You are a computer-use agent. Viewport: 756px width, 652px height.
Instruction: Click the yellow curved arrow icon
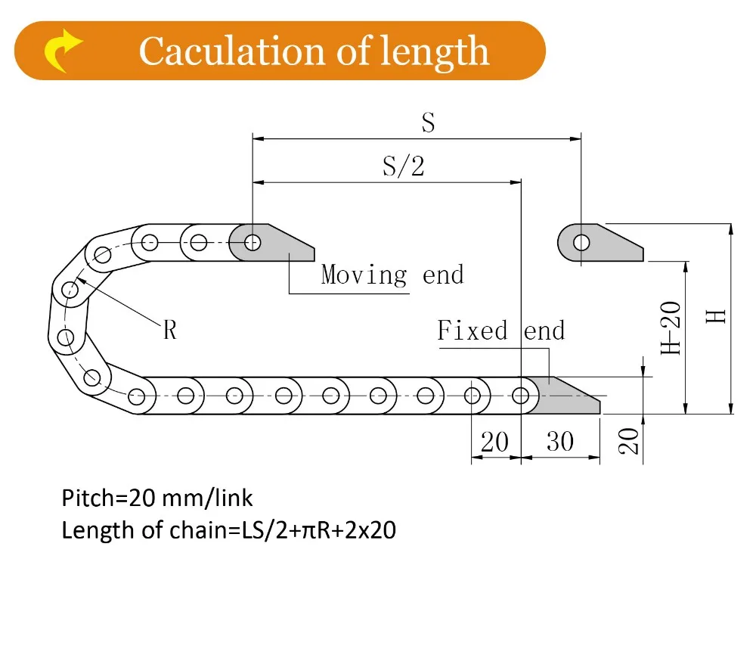pos(63,52)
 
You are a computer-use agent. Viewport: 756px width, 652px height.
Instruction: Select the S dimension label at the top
pos(429,123)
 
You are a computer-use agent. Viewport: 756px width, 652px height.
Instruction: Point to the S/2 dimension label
pos(403,166)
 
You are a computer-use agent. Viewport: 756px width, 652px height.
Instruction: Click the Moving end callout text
pos(392,275)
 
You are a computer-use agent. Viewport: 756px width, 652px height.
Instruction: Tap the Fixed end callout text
pos(500,331)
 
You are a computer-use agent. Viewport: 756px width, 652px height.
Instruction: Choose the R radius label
pos(170,330)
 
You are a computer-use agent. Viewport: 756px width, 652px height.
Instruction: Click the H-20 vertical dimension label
pos(671,328)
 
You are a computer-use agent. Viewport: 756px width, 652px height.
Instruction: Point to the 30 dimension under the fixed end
pos(559,441)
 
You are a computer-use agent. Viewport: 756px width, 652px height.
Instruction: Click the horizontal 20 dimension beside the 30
pos(494,441)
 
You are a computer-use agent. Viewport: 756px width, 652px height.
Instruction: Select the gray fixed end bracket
pos(563,396)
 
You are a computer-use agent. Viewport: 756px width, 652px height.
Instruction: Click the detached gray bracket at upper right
pos(605,243)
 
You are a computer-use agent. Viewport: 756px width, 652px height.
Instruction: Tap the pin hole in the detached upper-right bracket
pos(581,243)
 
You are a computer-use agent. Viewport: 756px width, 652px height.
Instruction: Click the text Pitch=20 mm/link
pos(157,498)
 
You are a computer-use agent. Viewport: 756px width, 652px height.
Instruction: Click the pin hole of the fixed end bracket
pos(521,396)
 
